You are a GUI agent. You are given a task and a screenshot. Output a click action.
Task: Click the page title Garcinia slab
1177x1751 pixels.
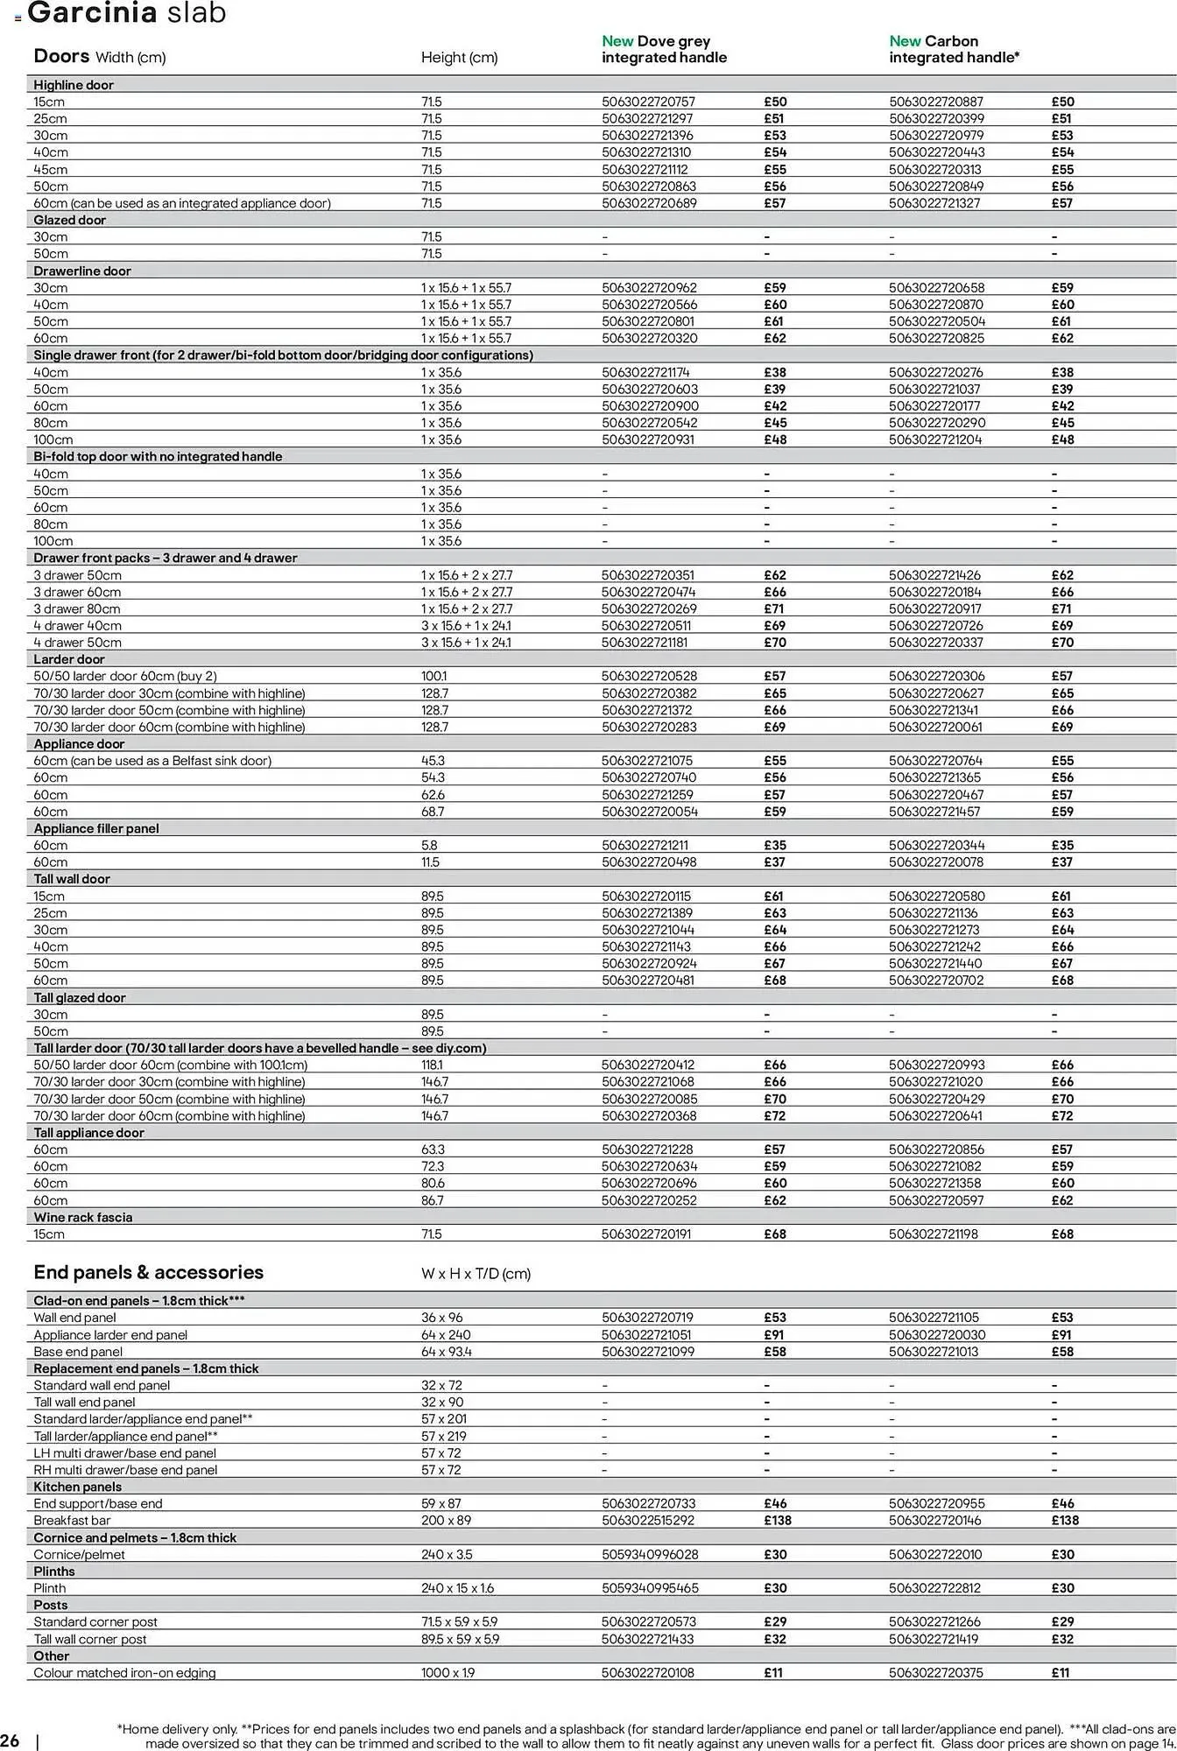(127, 13)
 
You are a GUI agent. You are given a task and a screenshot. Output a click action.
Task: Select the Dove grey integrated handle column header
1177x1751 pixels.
(664, 49)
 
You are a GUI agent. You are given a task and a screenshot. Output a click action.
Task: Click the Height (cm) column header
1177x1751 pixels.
(459, 58)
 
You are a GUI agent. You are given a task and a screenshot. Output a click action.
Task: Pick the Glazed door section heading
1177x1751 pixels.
(69, 220)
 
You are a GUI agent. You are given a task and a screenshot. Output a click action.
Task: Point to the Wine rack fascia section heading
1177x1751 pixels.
(83, 1217)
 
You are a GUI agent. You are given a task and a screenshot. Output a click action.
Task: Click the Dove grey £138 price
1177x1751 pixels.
(777, 1520)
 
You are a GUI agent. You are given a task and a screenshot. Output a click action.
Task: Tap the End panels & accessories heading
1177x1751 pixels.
(148, 1272)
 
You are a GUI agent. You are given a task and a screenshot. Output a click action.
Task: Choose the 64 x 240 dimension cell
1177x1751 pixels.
(446, 1334)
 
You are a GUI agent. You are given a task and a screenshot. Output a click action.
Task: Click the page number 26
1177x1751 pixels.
(11, 1739)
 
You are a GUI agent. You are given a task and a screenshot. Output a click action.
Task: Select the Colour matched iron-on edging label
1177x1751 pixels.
(124, 1672)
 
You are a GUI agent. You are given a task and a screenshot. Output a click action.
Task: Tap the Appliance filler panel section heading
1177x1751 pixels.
(96, 828)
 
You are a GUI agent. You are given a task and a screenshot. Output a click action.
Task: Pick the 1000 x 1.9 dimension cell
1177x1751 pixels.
(448, 1672)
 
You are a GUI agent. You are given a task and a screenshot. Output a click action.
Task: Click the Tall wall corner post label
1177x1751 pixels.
(90, 1638)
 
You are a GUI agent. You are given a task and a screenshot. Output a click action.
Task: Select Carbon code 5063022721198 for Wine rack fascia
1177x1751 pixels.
(934, 1234)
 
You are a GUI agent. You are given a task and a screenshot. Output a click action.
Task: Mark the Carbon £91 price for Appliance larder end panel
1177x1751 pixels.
(1061, 1334)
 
